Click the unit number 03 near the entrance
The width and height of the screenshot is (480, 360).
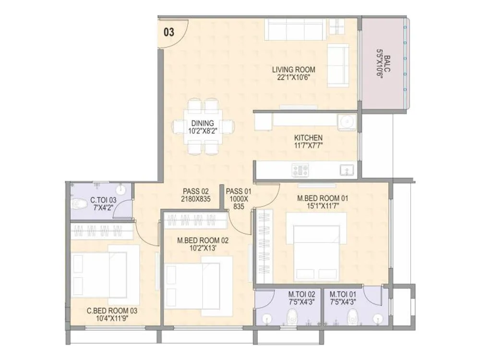click(x=169, y=33)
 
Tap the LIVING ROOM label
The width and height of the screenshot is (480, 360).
click(x=297, y=70)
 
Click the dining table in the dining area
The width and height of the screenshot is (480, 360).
click(x=204, y=127)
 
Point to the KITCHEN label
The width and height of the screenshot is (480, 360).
click(x=308, y=138)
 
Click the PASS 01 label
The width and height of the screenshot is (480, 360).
click(x=239, y=191)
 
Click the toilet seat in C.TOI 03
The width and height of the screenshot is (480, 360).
click(x=78, y=204)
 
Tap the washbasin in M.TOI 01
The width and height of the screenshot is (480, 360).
click(x=379, y=318)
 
